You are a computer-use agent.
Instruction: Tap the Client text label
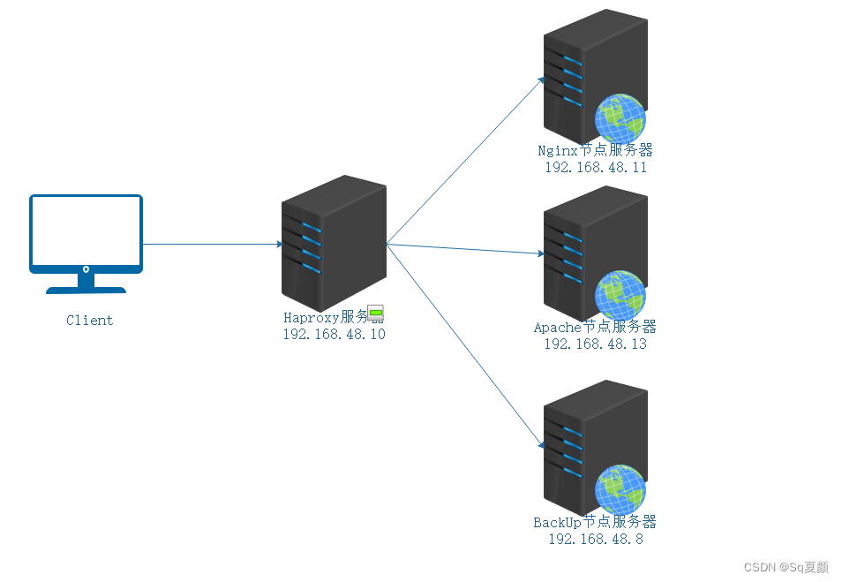[x=89, y=321]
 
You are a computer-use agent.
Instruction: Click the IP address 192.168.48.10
[x=334, y=335]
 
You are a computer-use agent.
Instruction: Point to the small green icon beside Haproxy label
[x=376, y=314]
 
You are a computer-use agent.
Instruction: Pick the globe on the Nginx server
[x=620, y=117]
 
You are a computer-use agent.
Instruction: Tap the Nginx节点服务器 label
[x=595, y=151]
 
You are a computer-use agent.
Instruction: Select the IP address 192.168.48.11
[x=595, y=167]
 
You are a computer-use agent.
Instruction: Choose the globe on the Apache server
[x=620, y=295]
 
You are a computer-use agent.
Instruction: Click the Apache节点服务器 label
[x=595, y=328]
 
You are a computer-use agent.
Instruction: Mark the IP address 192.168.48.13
[x=595, y=344]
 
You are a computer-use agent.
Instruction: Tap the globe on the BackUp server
[x=620, y=489]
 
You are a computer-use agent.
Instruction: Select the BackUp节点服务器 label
[x=595, y=523]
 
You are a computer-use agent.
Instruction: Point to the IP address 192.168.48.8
[x=595, y=539]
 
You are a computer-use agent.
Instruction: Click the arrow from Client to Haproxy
[x=212, y=245]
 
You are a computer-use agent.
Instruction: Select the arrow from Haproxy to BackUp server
[x=463, y=346]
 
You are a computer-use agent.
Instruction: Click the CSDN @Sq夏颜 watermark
[x=786, y=567]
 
